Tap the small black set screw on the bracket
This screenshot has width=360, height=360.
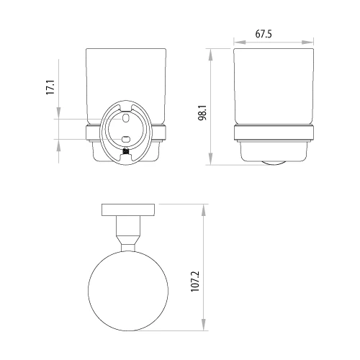coord(127,153)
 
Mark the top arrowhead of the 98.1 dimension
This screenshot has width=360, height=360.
coord(210,51)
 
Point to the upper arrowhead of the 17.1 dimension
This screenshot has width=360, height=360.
coord(58,114)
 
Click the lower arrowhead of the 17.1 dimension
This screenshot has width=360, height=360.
coord(58,141)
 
